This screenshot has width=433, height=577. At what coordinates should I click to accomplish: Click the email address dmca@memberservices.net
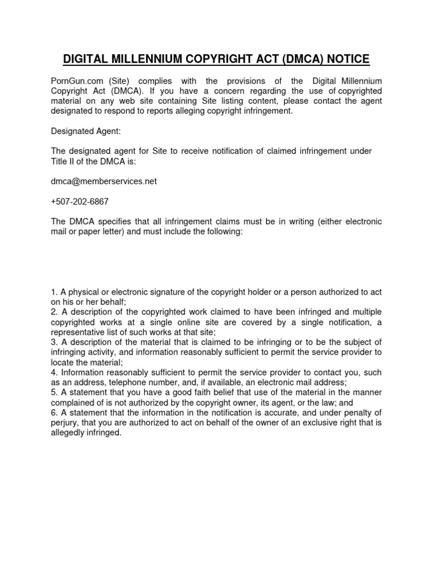[x=104, y=181]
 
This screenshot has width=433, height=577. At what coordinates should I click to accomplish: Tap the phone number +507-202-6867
[x=77, y=201]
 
